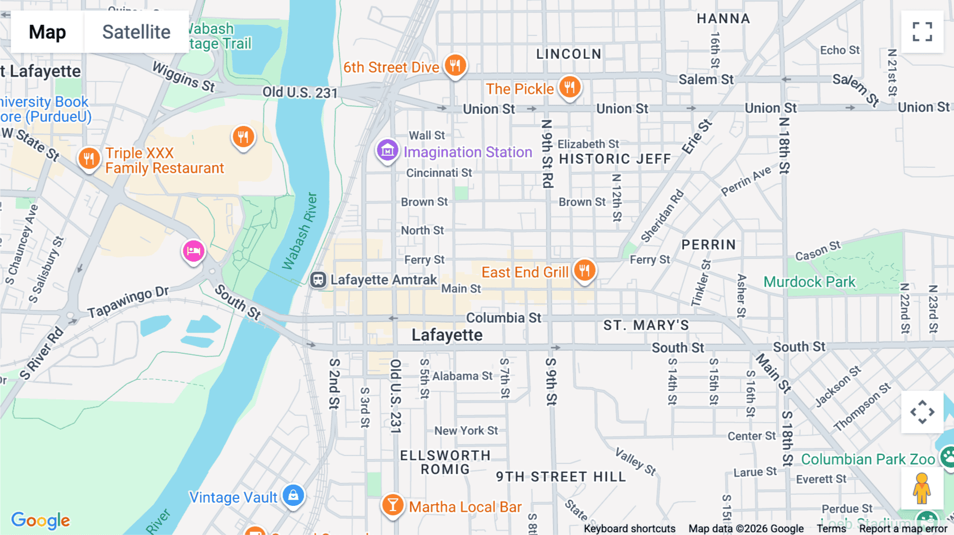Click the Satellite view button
(x=136, y=32)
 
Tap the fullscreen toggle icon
(x=922, y=32)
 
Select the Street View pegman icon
(x=922, y=488)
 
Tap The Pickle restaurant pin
(x=570, y=87)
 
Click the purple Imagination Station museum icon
(x=387, y=151)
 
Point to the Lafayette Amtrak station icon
(x=318, y=280)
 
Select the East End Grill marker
(x=584, y=271)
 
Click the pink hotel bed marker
(x=193, y=251)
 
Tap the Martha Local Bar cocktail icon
(x=393, y=505)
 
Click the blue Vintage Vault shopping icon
(x=293, y=496)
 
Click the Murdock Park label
(x=809, y=282)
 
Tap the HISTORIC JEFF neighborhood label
(x=615, y=159)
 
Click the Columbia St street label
(x=503, y=318)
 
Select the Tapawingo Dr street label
(x=128, y=302)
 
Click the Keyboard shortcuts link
(x=629, y=528)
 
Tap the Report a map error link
(x=903, y=528)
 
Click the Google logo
(x=40, y=520)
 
